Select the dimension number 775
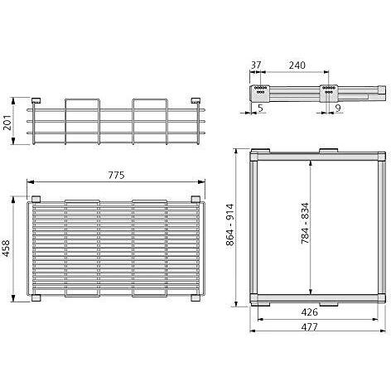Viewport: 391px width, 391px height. point(116,175)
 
